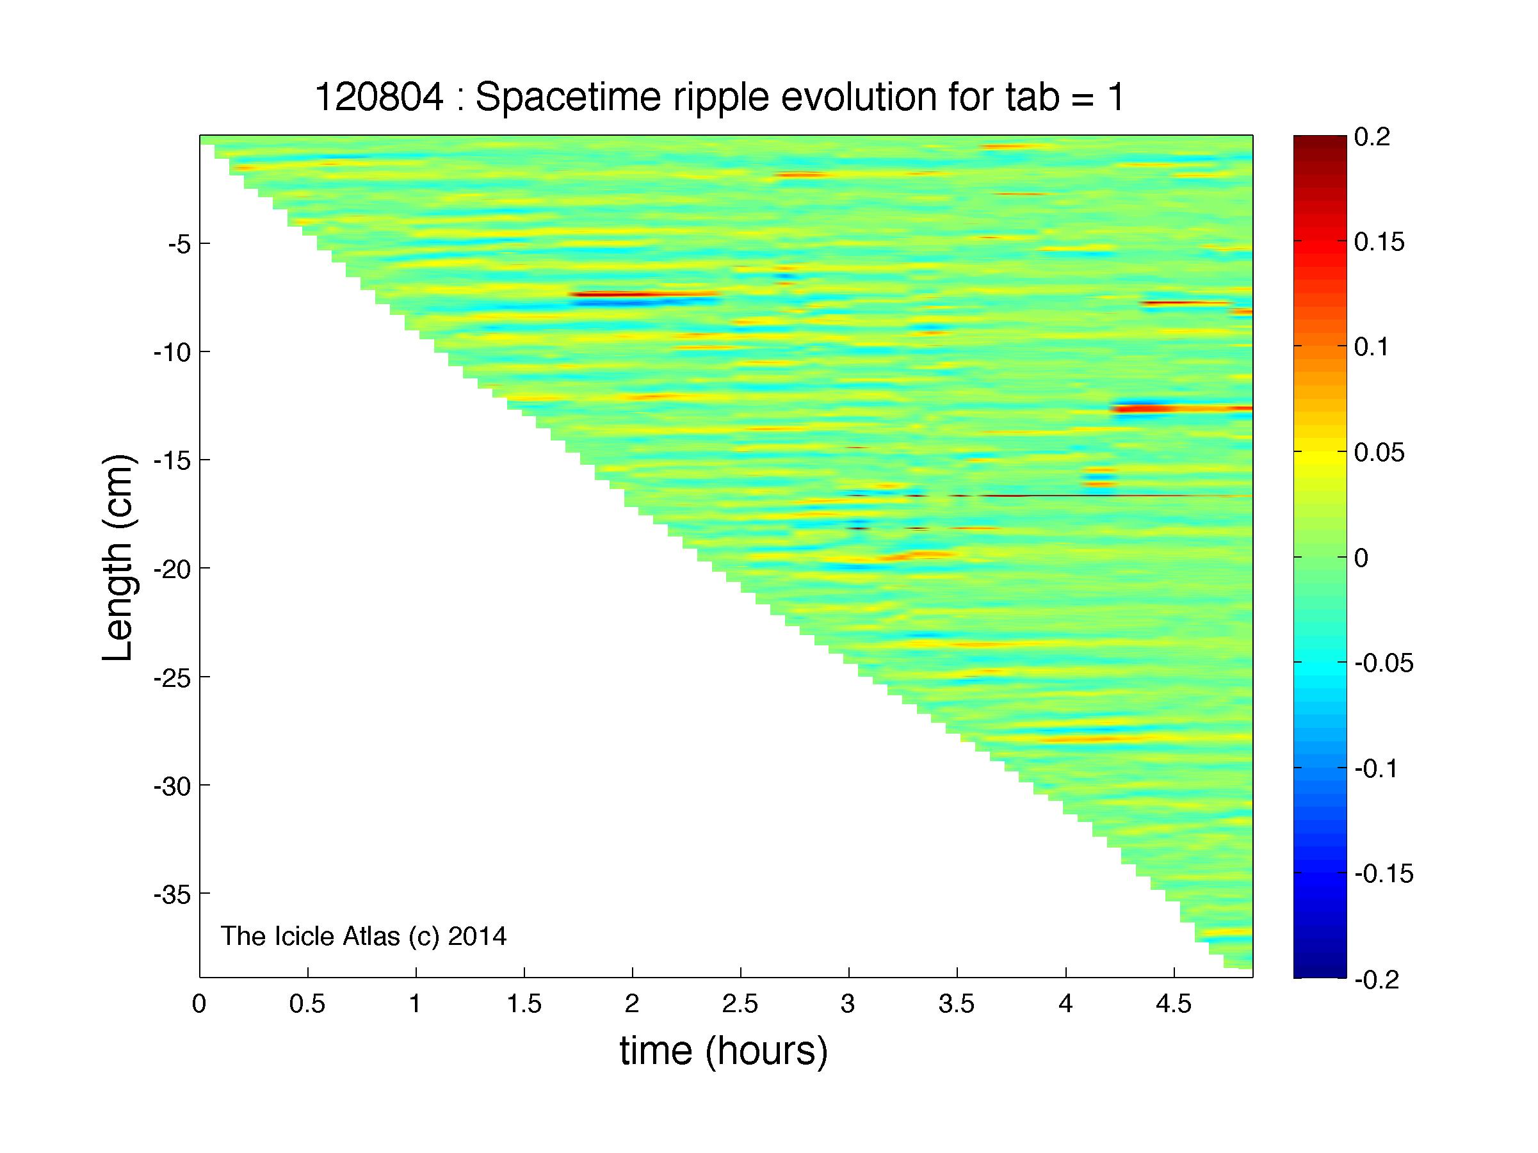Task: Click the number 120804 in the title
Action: coord(378,97)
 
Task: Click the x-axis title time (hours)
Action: coord(724,1050)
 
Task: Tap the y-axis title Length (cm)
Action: coord(118,558)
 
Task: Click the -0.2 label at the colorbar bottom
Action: coord(1377,980)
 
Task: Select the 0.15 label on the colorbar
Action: coord(1379,243)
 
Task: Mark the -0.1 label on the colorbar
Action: coord(1377,769)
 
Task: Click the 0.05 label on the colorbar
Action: coord(1379,453)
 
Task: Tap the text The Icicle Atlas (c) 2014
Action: coord(364,936)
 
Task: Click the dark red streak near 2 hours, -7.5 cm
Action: coord(643,294)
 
